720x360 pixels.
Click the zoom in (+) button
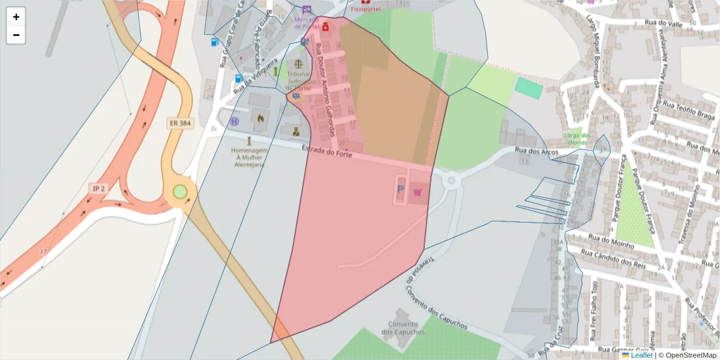coord(16,17)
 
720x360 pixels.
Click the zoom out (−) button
coord(16,35)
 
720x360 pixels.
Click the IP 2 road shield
coord(98,188)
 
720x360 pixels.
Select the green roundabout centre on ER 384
coord(180,192)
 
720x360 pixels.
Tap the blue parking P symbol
coord(400,191)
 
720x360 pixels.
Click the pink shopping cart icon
coord(417,193)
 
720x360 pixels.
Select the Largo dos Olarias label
coord(577,139)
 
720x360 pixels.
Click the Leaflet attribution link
coord(641,355)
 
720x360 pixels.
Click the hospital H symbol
coord(234,121)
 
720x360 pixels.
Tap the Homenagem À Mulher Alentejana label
coord(248,158)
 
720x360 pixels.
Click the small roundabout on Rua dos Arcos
coord(452,179)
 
